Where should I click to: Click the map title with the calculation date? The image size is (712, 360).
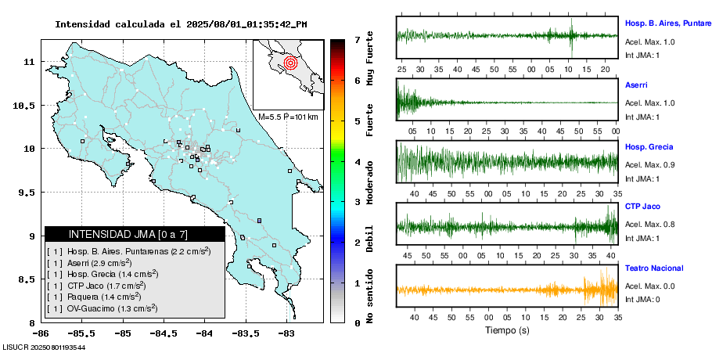click(x=181, y=24)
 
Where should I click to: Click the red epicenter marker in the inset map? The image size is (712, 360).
click(x=290, y=62)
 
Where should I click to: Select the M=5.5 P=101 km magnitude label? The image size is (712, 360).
click(x=288, y=117)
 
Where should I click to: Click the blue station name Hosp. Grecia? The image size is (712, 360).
click(x=649, y=147)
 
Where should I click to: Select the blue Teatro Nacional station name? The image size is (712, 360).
click(x=654, y=268)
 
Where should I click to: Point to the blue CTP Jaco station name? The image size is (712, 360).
click(x=643, y=207)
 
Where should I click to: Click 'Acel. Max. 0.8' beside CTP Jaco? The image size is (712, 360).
click(x=649, y=225)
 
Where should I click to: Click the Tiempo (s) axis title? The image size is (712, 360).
click(x=508, y=330)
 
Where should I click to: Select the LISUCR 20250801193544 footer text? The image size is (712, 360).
click(x=44, y=347)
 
